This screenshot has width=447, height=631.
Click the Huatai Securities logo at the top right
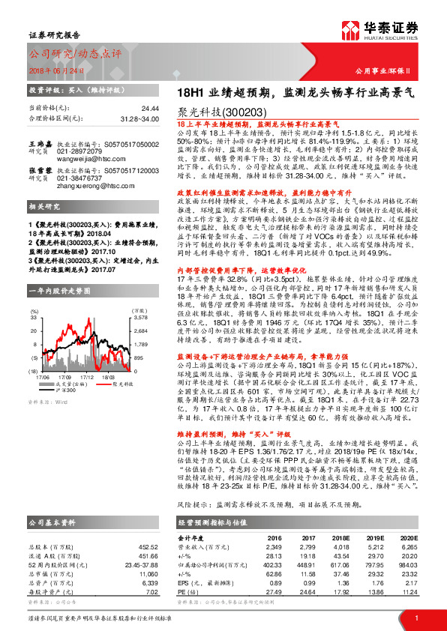click(390, 32)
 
